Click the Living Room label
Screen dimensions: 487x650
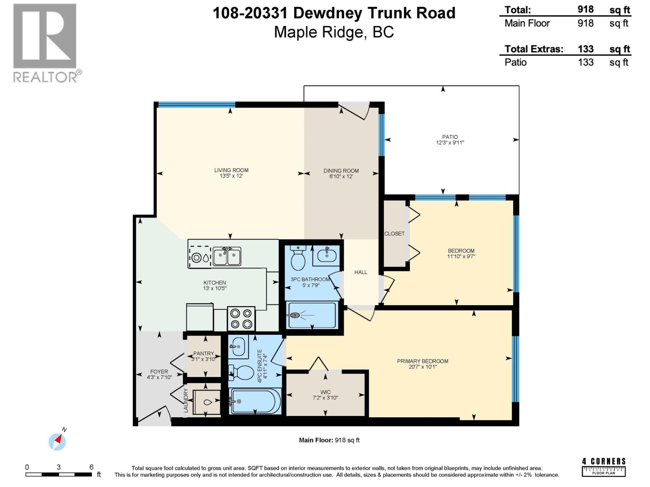(231, 170)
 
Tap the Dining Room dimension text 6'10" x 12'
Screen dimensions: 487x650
(341, 177)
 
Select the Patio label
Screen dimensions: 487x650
(450, 137)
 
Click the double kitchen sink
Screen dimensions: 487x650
(227, 256)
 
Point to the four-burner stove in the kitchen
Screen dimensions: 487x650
(241, 319)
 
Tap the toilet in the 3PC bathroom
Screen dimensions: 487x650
(299, 258)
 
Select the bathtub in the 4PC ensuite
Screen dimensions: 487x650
(255, 401)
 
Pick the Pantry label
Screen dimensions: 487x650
(203, 353)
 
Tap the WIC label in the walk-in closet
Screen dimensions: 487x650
(325, 392)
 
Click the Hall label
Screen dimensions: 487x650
(360, 272)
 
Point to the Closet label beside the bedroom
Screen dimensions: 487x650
(394, 234)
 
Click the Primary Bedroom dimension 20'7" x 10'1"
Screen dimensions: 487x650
(422, 367)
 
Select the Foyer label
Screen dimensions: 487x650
(159, 371)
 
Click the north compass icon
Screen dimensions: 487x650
(57, 442)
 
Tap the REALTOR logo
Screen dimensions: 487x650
(45, 43)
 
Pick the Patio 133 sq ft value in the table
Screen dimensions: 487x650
(585, 62)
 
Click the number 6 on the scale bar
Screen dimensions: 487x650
(91, 467)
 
